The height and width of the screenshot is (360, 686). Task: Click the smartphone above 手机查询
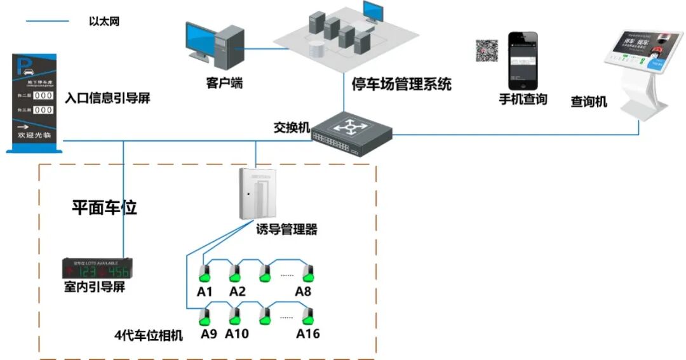(x=522, y=61)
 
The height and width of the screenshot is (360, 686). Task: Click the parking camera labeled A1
(x=204, y=274)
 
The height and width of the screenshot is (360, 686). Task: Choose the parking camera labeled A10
(x=236, y=316)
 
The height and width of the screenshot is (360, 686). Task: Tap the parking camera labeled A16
(x=308, y=316)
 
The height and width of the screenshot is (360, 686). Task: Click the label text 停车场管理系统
(x=401, y=84)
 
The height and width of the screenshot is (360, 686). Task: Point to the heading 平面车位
(x=104, y=208)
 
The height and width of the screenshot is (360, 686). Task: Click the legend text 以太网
(x=104, y=22)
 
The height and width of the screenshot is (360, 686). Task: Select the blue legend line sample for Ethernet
(x=47, y=22)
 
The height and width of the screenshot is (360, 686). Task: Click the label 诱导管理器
(x=286, y=229)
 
